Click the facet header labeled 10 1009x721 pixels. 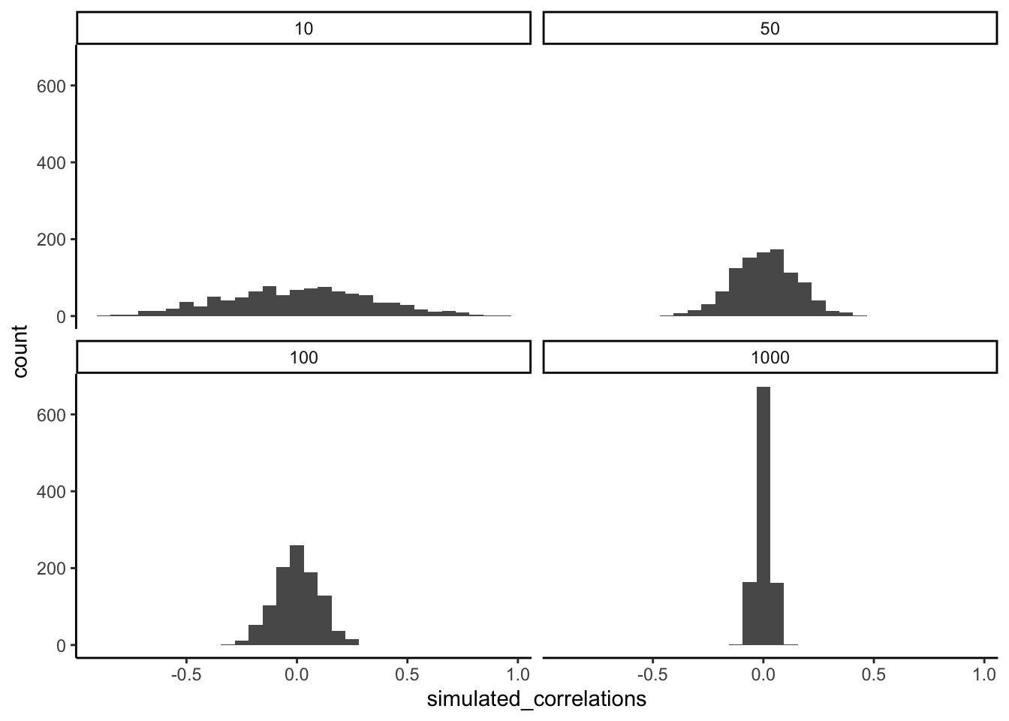303,29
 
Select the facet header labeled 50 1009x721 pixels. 770,29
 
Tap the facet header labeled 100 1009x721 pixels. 303,357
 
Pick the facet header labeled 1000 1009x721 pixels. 770,357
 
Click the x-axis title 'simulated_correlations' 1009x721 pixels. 536,699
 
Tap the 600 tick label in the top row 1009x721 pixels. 52,86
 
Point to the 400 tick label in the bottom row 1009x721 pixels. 52,492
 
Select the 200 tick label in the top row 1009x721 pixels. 52,240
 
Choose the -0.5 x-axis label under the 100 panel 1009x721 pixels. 185,674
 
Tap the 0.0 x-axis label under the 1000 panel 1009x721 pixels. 763,674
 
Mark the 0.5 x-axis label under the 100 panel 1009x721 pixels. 407,674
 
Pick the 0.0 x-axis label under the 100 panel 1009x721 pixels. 297,674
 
